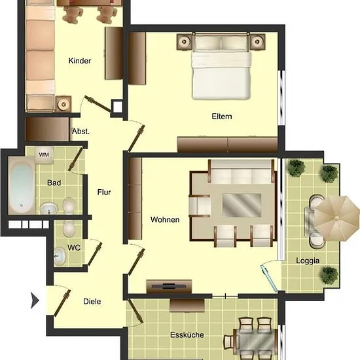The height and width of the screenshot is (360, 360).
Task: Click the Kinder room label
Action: click(x=80, y=61)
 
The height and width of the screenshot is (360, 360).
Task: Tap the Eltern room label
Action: click(x=222, y=117)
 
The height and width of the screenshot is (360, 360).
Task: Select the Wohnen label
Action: click(x=165, y=220)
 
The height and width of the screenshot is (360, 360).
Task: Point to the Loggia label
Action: click(x=308, y=261)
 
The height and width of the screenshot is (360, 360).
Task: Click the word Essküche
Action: click(x=187, y=335)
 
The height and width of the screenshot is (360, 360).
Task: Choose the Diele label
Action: click(x=92, y=302)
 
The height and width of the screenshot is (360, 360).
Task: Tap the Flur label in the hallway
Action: click(x=104, y=192)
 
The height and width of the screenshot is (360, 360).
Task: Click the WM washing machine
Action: click(x=44, y=155)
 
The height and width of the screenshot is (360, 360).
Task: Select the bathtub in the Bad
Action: click(x=22, y=186)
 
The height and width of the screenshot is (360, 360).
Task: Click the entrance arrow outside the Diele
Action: click(x=35, y=300)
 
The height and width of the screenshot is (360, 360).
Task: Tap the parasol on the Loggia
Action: click(x=336, y=219)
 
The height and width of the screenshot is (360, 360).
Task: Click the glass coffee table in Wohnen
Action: click(x=242, y=205)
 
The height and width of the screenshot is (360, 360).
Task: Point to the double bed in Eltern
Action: click(x=221, y=66)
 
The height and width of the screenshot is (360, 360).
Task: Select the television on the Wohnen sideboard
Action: click(x=169, y=286)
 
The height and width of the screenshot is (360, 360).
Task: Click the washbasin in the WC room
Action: click(x=60, y=256)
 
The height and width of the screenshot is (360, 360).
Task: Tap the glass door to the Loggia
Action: click(x=269, y=278)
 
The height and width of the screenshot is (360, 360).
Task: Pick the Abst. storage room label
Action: click(x=81, y=132)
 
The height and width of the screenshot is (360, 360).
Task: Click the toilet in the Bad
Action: click(x=69, y=206)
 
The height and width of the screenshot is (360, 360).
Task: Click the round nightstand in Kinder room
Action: click(x=63, y=104)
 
